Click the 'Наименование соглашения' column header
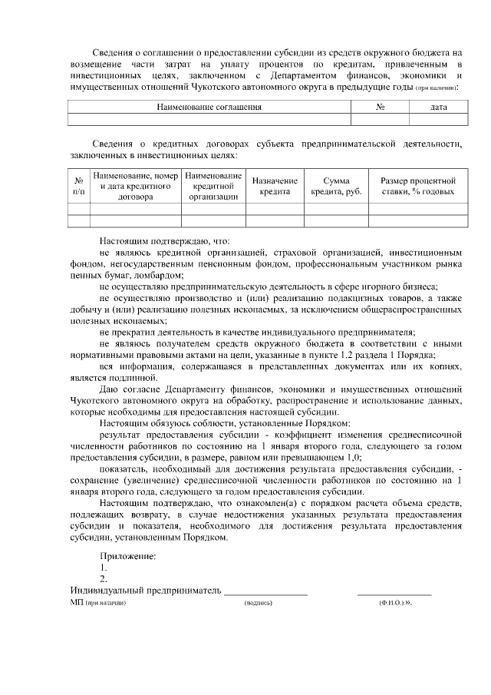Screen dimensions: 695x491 point(209,108)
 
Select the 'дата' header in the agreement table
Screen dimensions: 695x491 point(439,108)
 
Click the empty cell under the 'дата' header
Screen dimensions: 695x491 point(439,119)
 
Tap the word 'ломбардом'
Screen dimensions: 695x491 point(159,274)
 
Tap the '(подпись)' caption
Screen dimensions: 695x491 point(258,604)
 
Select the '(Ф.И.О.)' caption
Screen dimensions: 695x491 point(392,604)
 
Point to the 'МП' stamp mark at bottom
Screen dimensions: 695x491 point(75,604)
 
